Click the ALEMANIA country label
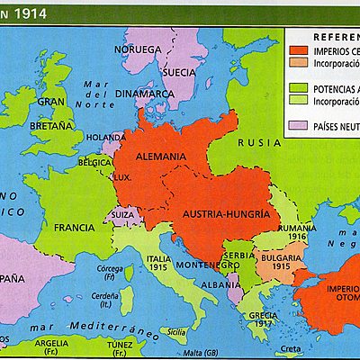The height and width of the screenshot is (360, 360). (x=161, y=157)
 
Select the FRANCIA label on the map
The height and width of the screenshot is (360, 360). (x=74, y=228)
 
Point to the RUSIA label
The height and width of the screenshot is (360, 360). (x=256, y=143)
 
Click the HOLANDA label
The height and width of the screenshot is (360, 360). (x=106, y=138)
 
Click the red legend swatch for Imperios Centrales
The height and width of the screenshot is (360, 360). (x=298, y=50)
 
